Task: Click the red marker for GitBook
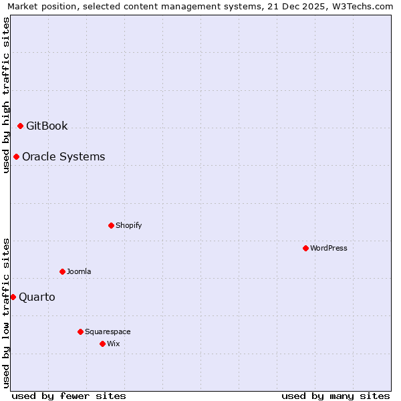[x=20, y=126]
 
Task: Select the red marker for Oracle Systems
[x=16, y=157]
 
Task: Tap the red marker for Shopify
[x=111, y=225]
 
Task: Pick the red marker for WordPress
[x=305, y=248]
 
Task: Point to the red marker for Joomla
[x=62, y=271]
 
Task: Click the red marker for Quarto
[x=13, y=297]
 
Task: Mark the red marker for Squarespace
[x=80, y=331]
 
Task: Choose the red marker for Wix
[x=102, y=344]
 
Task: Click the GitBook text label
[x=47, y=126]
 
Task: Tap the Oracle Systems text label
[x=63, y=157]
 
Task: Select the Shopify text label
[x=128, y=225]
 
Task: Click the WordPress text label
[x=328, y=248]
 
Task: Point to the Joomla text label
[x=79, y=271]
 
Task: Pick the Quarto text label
[x=37, y=297]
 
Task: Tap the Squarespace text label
[x=108, y=331]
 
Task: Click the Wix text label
[x=113, y=344]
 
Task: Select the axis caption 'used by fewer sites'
[x=69, y=396]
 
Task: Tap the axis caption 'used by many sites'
[x=335, y=396]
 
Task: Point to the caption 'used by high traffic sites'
[x=6, y=95]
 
